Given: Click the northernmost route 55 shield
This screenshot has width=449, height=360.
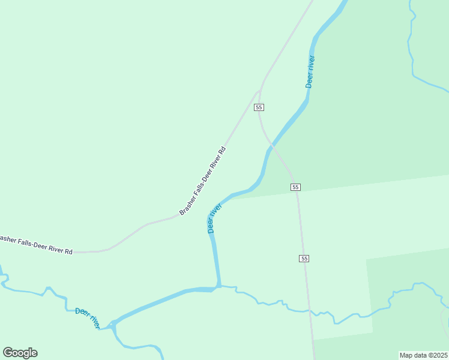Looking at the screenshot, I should pos(259,107).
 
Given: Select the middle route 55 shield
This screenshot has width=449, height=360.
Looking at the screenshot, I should pos(295,187).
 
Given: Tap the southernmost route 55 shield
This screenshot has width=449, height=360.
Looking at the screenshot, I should pos(304,259).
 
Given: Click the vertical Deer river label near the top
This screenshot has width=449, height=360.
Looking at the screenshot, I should pos(310,72).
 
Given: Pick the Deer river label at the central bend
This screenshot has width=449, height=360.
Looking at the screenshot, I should pos(214,218).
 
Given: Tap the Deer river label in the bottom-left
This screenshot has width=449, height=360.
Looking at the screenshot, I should pos(88,318).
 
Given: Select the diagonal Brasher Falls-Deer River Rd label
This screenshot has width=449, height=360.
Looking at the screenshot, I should pos(202,181).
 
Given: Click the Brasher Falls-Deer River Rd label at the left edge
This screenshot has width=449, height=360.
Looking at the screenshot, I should pos(36,245).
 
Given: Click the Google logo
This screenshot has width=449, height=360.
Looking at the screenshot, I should pos(20,353).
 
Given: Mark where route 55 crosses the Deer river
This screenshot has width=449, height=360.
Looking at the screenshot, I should pos(272,145).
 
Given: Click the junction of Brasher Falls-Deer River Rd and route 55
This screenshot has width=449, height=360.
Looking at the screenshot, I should pos(259,92).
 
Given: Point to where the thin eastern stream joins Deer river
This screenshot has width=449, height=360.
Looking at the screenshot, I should pos(220,286).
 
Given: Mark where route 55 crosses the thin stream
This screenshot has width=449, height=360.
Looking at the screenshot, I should pos(309,310).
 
